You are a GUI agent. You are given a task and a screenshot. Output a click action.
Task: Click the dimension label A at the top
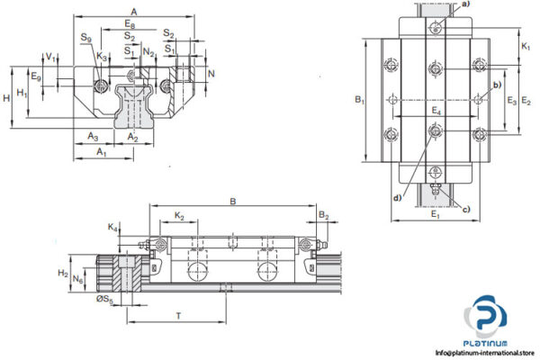coord(135,10)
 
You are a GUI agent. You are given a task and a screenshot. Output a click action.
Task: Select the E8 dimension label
coord(132,22)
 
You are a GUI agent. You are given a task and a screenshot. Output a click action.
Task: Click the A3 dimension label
coord(93,136)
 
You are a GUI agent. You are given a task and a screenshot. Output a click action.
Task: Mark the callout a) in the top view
coord(465,4)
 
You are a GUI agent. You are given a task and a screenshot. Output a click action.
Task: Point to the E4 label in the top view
coord(435,111)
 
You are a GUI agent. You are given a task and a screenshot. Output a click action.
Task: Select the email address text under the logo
coord(484,352)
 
